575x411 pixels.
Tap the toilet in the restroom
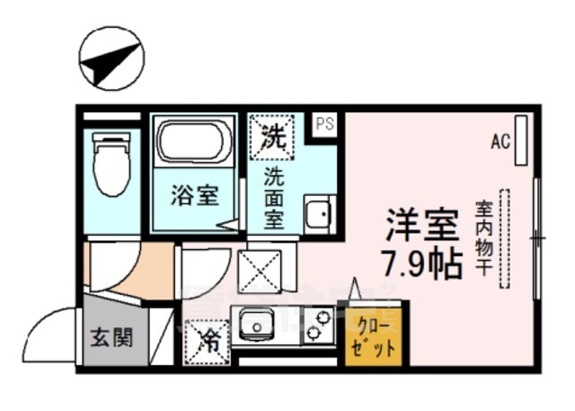click(112, 164)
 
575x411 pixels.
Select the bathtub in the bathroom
click(192, 141)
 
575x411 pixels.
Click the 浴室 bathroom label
click(194, 195)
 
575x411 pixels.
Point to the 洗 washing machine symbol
click(271, 138)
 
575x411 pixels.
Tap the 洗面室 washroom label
click(274, 198)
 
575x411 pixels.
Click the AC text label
click(500, 141)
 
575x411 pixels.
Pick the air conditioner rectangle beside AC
click(523, 141)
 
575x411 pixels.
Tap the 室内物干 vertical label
click(482, 237)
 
